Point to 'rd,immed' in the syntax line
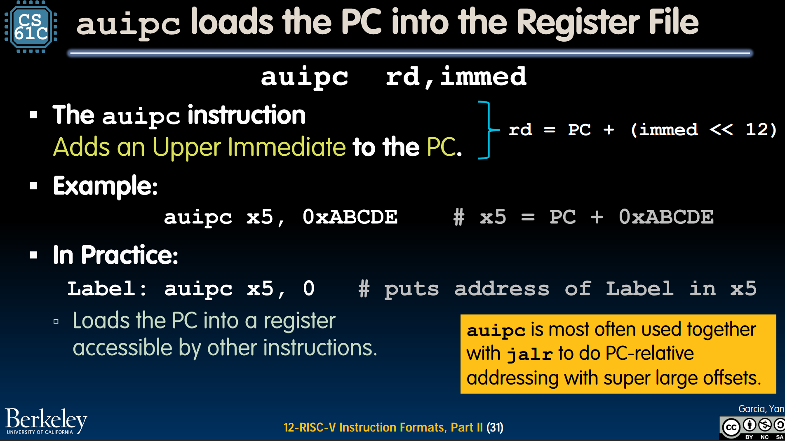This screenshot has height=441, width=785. pyautogui.click(x=456, y=77)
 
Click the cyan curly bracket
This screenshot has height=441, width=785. pyautogui.click(x=487, y=130)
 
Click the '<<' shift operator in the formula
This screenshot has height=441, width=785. pyautogui.click(x=721, y=130)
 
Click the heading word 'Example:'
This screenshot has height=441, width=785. pyautogui.click(x=105, y=187)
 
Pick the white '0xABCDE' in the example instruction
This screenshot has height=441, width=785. pyautogui.click(x=350, y=217)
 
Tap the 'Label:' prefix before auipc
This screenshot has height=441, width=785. pyautogui.click(x=107, y=288)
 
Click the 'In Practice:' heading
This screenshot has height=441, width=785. pyautogui.click(x=115, y=256)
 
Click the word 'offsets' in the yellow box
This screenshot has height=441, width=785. pyautogui.click(x=732, y=378)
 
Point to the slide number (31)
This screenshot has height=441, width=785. pyautogui.click(x=495, y=427)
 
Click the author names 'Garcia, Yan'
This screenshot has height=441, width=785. pyautogui.click(x=761, y=409)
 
